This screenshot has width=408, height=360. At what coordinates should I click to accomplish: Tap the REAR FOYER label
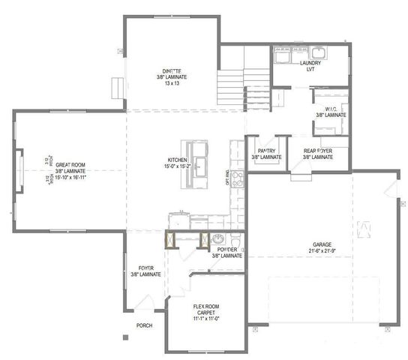click(x=318, y=151)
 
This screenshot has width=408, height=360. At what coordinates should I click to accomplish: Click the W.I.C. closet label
click(x=331, y=109)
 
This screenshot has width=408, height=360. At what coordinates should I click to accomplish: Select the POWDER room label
click(x=226, y=249)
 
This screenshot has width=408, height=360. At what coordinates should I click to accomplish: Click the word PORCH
click(x=144, y=325)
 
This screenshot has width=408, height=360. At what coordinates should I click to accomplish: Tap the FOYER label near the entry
click(x=145, y=268)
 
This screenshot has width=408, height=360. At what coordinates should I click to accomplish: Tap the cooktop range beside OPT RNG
click(x=238, y=178)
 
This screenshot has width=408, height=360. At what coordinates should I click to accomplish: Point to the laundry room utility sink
click(x=317, y=52)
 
